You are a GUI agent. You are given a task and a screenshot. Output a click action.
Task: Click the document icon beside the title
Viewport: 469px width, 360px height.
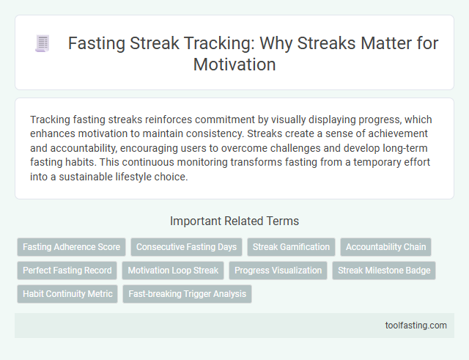click(x=43, y=44)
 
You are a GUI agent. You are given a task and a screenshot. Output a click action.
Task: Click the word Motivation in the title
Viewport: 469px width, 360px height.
click(x=234, y=65)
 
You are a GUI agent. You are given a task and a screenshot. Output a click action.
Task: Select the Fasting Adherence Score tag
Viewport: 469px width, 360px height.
click(x=71, y=247)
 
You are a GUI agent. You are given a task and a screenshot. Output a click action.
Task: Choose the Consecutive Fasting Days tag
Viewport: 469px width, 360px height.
click(x=186, y=247)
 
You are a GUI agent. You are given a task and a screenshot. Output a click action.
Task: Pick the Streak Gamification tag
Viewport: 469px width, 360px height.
click(x=291, y=247)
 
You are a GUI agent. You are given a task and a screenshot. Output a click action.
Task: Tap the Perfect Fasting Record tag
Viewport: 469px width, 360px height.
click(x=67, y=271)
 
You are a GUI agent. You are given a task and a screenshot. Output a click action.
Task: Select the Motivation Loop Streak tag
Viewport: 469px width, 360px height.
click(x=173, y=271)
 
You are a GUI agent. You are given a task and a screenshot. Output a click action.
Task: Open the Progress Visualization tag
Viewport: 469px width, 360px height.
click(x=278, y=271)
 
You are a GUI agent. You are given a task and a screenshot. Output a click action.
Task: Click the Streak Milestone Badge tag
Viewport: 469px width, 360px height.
click(x=384, y=271)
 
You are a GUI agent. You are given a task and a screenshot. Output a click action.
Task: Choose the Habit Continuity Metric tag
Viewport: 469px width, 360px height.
click(x=67, y=294)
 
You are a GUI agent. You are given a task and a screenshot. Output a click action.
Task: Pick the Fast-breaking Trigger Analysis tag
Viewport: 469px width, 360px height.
click(x=187, y=294)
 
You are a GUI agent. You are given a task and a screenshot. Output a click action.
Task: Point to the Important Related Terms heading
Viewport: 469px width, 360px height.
click(x=234, y=221)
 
